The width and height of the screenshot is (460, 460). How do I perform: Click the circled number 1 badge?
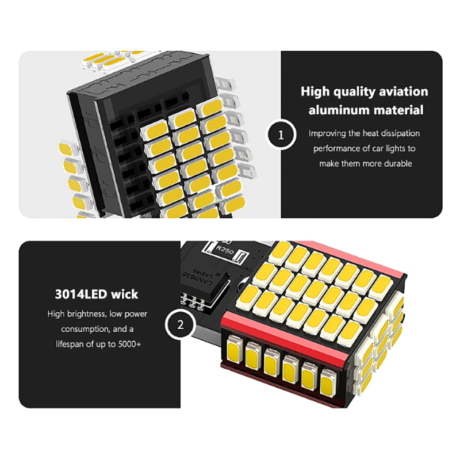coord(281,135)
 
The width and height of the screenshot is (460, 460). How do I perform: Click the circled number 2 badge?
coord(180,325)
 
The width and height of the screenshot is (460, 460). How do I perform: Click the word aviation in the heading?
coord(404,92)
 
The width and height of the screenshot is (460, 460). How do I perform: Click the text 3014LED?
coord(80,294)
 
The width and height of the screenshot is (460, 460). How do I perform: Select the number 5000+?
coord(130,344)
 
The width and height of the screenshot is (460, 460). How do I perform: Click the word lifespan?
coord(70,344)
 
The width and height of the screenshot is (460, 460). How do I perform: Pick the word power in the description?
coord(136,315)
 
